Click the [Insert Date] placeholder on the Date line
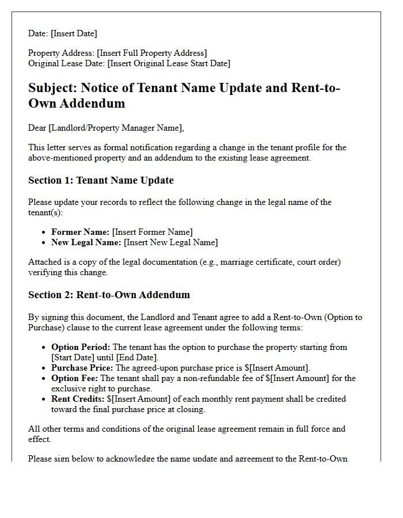tap(74, 33)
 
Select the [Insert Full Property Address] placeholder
tap(152, 53)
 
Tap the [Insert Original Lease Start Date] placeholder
tap(169, 63)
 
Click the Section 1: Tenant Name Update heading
tap(101, 180)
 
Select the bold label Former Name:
tap(80, 232)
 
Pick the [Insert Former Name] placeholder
tap(152, 232)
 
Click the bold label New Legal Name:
tap(86, 242)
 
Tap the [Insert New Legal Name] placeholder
tap(171, 242)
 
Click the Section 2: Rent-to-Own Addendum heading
tap(109, 295)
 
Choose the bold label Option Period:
tap(81, 347)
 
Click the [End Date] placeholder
tap(130, 357)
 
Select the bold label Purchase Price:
tap(82, 368)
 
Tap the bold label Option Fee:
tap(75, 378)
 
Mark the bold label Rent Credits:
tap(78, 399)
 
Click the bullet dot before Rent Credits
tap(45, 399)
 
